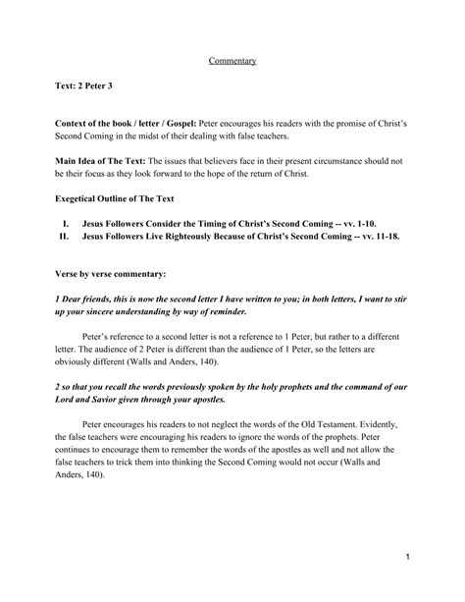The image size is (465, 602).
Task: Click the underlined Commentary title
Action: pyautogui.click(x=232, y=61)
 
